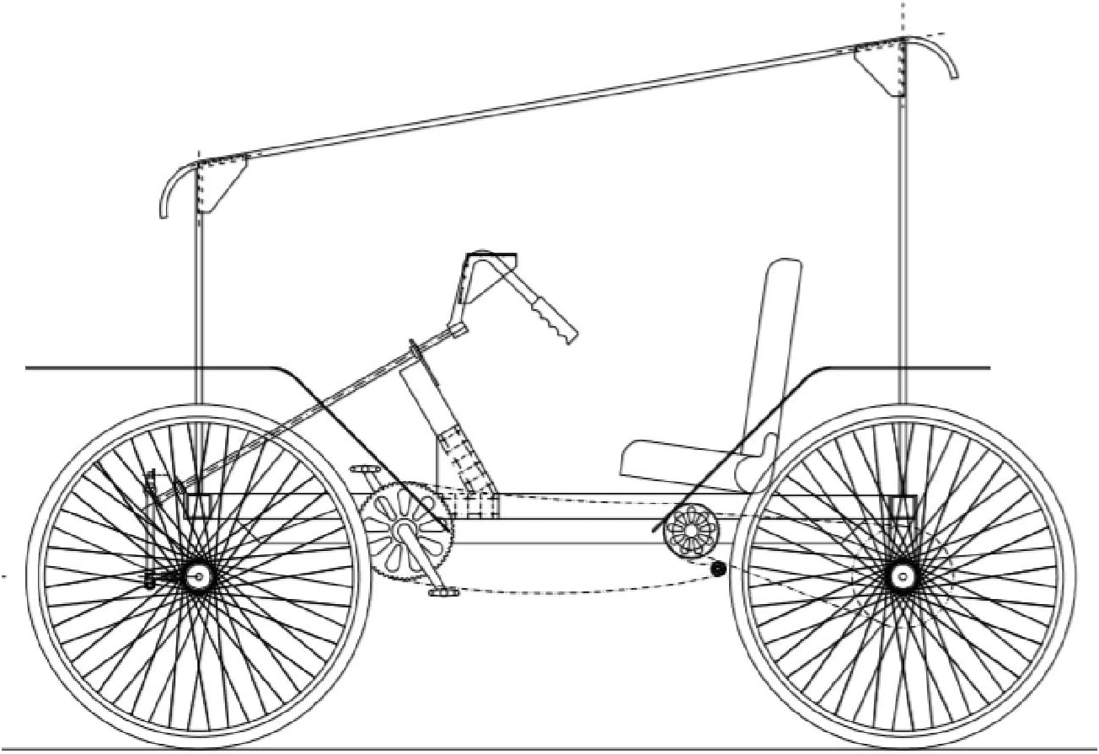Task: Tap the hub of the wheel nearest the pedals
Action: pos(199,576)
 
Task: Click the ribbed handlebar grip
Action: pos(551,316)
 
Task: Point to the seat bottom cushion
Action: pos(674,460)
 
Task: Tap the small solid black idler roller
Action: pos(718,570)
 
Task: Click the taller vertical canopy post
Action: pos(902,253)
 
